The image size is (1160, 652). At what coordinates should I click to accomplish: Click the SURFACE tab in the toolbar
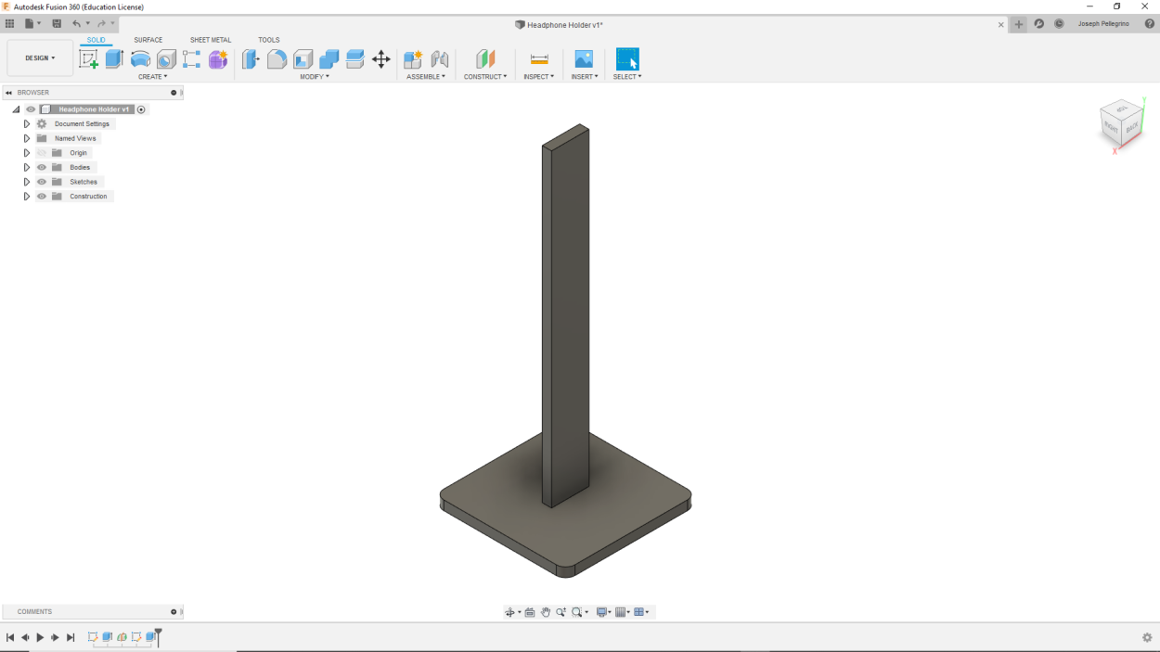coord(148,40)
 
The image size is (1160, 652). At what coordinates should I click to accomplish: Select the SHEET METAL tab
coord(211,40)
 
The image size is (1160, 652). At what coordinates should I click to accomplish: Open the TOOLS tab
coord(268,40)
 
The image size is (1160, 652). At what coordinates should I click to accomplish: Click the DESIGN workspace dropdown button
coord(40,58)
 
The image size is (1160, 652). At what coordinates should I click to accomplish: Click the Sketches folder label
coord(83,182)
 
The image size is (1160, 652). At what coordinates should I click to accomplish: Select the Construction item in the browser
coord(88,197)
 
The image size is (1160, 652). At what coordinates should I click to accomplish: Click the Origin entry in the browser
coord(78,153)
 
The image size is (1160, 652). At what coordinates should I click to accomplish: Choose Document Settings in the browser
coord(82,123)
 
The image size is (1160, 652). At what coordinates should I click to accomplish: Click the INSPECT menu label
coord(538,77)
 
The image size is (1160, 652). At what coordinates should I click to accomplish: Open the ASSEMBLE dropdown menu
coord(425,77)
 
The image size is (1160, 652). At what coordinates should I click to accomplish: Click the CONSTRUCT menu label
coord(484,77)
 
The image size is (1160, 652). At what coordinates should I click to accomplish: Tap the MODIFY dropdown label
coord(314,77)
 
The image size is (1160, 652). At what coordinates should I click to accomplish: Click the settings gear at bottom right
coord(1147,637)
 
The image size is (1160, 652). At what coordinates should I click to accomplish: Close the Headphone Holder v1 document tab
coord(1000,25)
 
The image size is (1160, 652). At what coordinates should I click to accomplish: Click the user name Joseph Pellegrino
coord(1103,24)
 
